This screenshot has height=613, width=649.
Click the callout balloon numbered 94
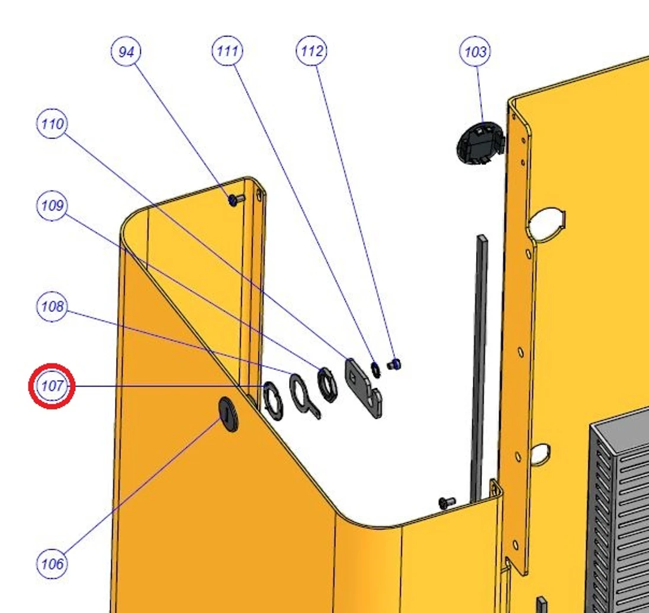(x=126, y=51)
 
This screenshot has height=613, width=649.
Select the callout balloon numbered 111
(x=227, y=51)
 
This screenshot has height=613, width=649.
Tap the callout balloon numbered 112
(x=311, y=51)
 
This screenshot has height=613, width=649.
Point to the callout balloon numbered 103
(x=475, y=51)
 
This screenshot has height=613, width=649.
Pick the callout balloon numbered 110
(x=52, y=123)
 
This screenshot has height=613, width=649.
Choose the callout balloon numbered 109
(x=52, y=205)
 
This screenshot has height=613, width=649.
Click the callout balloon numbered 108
(x=52, y=306)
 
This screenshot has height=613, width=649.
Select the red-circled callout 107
(x=52, y=386)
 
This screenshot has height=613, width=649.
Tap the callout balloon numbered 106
(x=52, y=563)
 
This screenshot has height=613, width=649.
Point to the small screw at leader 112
(x=394, y=364)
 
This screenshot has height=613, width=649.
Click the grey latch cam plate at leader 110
(x=364, y=388)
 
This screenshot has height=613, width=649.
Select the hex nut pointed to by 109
(x=327, y=385)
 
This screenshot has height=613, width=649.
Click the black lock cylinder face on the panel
(x=229, y=414)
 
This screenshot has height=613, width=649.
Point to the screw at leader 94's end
(x=236, y=200)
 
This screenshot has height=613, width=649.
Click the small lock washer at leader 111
(x=375, y=369)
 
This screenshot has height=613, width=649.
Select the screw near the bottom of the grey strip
(x=447, y=502)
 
